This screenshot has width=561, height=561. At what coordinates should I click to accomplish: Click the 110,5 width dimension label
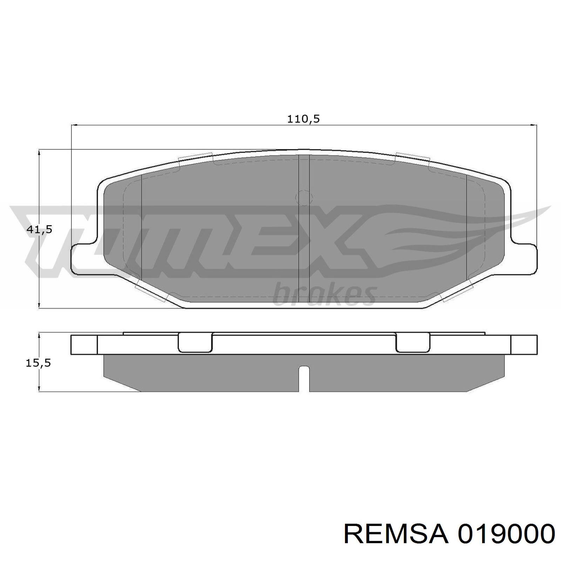coord(304,119)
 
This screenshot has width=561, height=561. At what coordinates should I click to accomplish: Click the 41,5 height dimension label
coord(39,230)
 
